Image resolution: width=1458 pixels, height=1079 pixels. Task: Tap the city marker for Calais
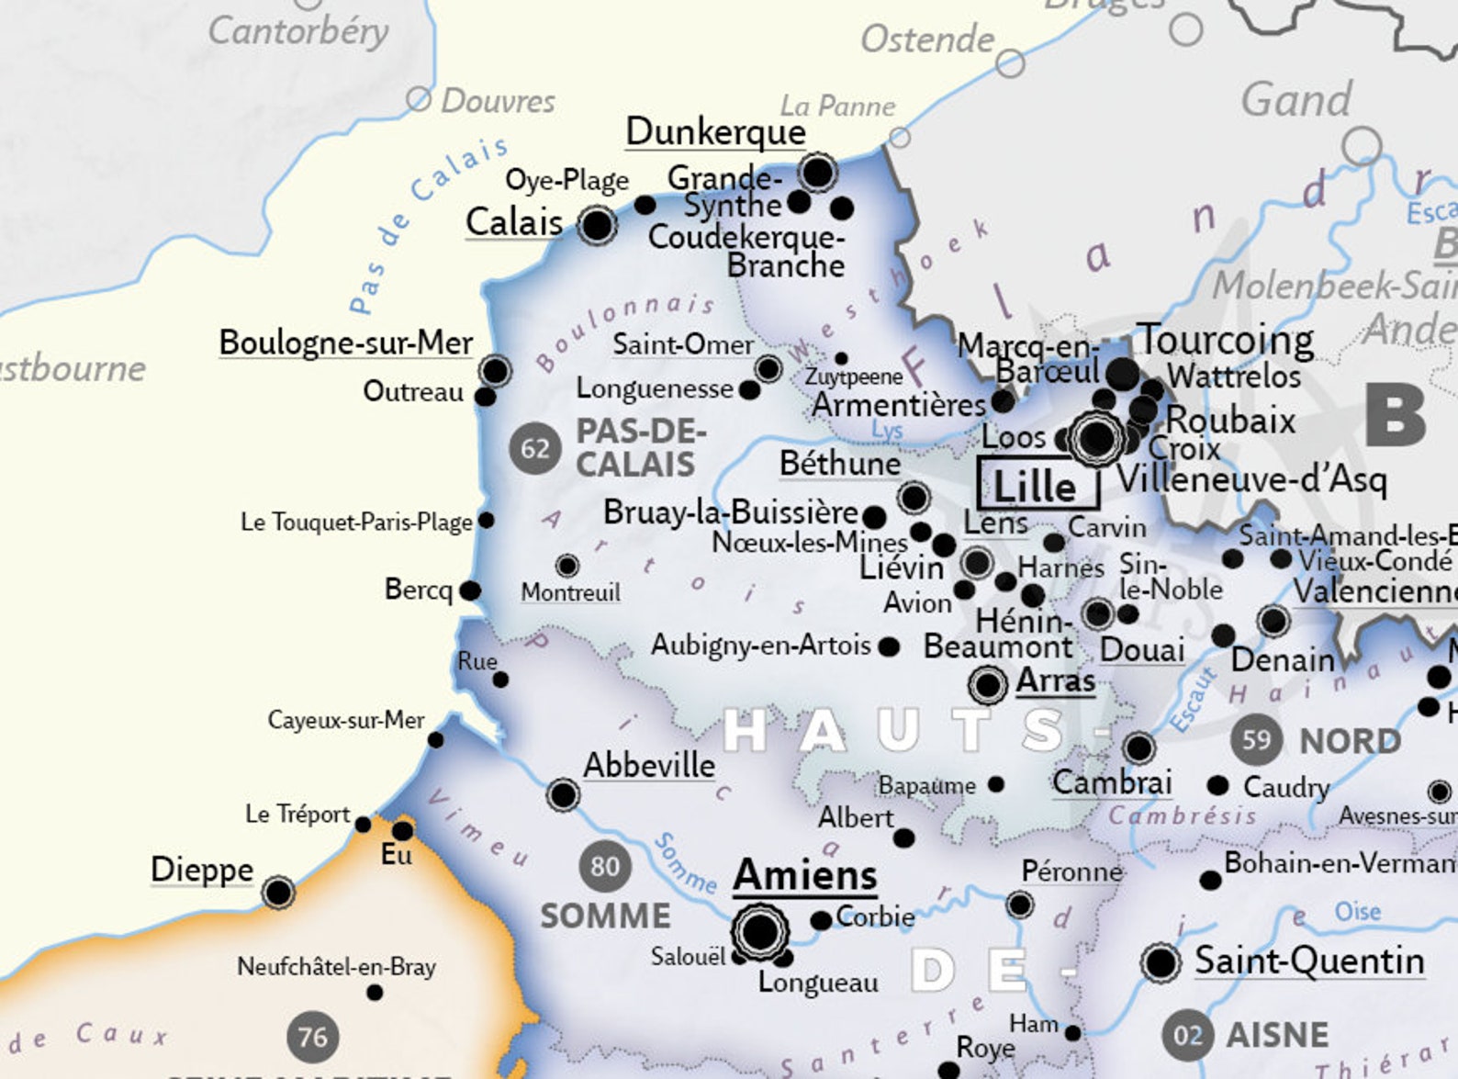click(x=597, y=224)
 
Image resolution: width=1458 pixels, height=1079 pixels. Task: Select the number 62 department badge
click(x=535, y=449)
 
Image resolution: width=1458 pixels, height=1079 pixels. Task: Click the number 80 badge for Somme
click(x=605, y=866)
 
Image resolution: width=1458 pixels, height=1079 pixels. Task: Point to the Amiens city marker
click(x=760, y=932)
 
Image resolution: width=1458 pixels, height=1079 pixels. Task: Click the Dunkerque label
click(x=715, y=131)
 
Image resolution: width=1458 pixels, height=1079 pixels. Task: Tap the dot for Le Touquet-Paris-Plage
click(x=487, y=521)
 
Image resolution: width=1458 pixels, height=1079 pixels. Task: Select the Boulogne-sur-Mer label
click(x=346, y=343)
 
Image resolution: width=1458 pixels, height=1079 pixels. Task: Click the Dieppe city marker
click(x=278, y=892)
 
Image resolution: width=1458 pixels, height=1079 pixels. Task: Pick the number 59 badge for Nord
click(x=1256, y=739)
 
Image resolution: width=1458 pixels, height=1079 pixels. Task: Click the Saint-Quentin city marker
click(x=1161, y=962)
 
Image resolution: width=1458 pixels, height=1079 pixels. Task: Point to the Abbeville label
click(x=649, y=765)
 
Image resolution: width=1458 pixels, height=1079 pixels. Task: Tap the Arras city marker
click(x=988, y=684)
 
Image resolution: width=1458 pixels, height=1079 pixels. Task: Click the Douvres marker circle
click(x=419, y=99)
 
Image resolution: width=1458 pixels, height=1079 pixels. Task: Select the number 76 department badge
click(x=312, y=1038)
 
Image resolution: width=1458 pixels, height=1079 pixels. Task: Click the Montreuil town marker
click(x=567, y=565)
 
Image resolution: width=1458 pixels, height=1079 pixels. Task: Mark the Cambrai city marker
click(x=1138, y=747)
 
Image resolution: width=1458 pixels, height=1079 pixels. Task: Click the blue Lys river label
click(x=887, y=430)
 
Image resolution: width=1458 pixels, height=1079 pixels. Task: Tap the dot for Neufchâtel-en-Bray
click(x=375, y=993)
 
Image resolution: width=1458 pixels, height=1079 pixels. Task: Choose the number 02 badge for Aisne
click(x=1187, y=1036)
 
